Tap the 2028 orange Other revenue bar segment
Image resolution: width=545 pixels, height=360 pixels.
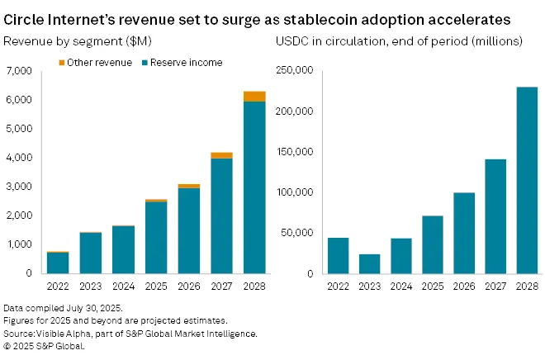[x=254, y=97]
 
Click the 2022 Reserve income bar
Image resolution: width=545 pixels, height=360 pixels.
[x=57, y=262]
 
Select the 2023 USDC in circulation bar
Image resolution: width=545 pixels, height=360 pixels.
[x=369, y=263]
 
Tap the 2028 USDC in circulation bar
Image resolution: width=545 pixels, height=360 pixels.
[x=527, y=180]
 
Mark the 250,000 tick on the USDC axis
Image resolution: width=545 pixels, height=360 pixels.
[x=299, y=71]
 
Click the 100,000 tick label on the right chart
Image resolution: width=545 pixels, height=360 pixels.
[x=299, y=192]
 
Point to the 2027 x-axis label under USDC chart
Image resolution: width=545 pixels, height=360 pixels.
[x=495, y=287]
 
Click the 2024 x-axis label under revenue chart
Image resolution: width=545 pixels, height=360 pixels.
[x=124, y=287]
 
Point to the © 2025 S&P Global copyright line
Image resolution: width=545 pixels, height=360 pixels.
[x=45, y=346]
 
